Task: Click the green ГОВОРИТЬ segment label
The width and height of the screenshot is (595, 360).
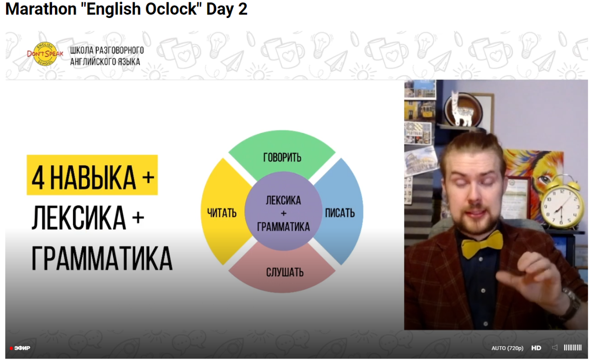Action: point(282,157)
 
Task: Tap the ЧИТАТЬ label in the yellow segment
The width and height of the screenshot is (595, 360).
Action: point(222,213)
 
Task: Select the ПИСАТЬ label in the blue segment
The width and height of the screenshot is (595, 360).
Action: point(340,213)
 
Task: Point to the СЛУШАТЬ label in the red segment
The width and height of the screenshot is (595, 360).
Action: point(285,272)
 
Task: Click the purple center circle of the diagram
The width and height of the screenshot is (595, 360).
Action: point(283,211)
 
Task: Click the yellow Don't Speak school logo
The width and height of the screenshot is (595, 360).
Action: point(45,54)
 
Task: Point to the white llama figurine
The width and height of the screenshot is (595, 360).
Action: point(462,109)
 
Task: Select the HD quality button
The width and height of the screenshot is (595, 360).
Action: point(536,348)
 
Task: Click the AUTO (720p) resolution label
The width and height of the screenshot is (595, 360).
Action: point(507,348)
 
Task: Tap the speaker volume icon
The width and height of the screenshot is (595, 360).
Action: point(554,348)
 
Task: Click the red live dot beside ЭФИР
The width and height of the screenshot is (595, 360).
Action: point(11,348)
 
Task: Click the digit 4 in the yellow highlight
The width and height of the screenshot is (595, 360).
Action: point(38,178)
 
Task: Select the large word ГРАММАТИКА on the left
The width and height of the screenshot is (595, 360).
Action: point(102,258)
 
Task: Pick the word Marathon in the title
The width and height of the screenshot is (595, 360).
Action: point(41,9)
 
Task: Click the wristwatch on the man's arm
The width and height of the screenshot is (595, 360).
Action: point(571,303)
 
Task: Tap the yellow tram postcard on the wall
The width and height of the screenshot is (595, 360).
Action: point(420,109)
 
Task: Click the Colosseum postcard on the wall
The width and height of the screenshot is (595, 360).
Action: point(421,161)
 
